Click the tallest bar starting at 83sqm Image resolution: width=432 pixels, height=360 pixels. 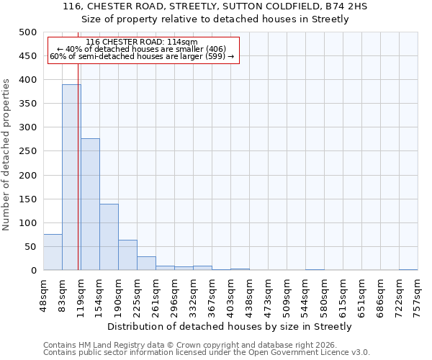(x=71, y=177)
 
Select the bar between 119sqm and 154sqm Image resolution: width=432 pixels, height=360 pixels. (x=90, y=204)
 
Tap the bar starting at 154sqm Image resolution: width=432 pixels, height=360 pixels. (x=109, y=237)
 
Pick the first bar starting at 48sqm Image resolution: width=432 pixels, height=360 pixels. (x=53, y=252)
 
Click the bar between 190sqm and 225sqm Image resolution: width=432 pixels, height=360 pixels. (x=127, y=255)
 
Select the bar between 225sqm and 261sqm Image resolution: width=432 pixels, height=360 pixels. (x=146, y=264)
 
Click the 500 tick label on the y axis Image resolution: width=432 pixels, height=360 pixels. (x=27, y=32)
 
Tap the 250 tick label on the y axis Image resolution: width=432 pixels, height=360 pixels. (x=27, y=152)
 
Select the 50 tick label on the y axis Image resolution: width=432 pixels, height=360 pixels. (x=30, y=247)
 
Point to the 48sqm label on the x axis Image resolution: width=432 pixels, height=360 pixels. (x=44, y=293)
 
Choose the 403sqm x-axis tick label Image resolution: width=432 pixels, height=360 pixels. (x=231, y=293)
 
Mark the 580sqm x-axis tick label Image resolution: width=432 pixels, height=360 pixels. (x=325, y=293)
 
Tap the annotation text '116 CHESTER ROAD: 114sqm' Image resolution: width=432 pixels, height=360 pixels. (x=141, y=42)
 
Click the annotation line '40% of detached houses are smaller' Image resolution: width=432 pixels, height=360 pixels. (x=141, y=50)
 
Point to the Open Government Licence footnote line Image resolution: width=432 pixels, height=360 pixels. (x=206, y=353)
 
